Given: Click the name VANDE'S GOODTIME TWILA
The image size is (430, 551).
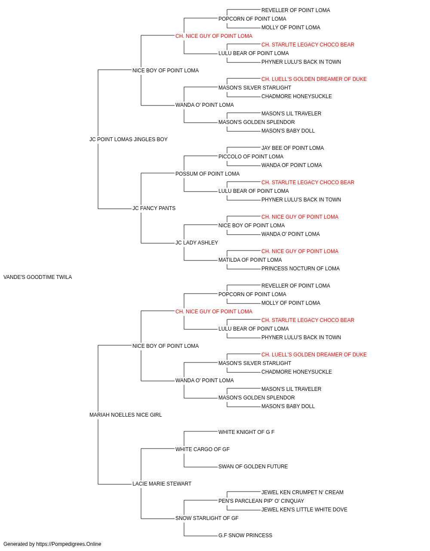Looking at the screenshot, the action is pos(37,277).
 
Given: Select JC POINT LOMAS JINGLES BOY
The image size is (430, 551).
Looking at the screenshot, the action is pos(129,139).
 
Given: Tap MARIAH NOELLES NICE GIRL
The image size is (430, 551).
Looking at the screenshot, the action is pos(126,415).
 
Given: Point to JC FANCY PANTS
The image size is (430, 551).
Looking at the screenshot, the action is pos(154,208).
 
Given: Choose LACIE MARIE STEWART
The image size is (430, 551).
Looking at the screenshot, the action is pos(162,484).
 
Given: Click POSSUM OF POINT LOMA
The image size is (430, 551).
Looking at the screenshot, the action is pos(207,174).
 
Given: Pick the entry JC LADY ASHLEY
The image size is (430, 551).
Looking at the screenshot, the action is pos(197,243).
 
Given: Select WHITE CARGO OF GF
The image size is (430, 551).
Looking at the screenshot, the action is pos(203,449).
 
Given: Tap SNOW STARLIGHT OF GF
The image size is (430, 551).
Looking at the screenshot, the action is pos(207,518).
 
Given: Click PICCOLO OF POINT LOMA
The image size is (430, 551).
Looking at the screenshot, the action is pos(251,157).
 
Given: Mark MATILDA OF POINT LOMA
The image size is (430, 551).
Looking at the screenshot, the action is pos(250,260).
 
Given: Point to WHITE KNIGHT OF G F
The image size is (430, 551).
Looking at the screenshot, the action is pos(246,432).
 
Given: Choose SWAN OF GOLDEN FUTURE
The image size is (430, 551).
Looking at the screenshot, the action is pos(253,467).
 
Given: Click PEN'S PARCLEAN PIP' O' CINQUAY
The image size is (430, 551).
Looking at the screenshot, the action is pos(261,501).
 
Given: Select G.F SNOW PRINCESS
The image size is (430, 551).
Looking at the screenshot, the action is pos(246,536).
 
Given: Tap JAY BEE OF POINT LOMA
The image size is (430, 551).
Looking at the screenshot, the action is pos(293,148).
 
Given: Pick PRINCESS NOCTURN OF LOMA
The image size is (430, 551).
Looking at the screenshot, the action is pos(301,269).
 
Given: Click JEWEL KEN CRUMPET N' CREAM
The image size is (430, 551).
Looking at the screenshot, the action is pos(303,492).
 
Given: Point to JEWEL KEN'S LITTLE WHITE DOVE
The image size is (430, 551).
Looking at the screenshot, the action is pos(304,510).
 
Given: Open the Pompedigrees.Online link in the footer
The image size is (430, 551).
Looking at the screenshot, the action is pos(69,544).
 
